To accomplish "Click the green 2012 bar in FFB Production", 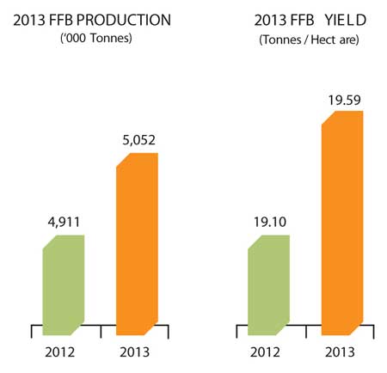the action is coord(64,285).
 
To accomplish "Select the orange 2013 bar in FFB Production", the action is coord(137,244).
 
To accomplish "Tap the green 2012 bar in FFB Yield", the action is coord(269,285).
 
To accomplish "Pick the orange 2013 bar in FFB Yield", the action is coord(342,223).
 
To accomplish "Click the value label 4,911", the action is coord(64,223).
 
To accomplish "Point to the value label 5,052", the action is coord(139,140).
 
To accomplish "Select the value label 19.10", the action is coord(270,222).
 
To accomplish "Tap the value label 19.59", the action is coord(345,101).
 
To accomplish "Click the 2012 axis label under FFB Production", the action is coord(60,352).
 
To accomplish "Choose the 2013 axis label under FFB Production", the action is coord(135,352).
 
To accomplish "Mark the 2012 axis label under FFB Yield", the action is coord(265,352).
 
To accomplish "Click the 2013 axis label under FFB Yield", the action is coord(340,352).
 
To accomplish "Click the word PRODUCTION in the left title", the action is coord(124,20).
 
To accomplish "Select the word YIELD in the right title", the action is coord(346,20).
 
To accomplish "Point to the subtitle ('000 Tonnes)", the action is coord(96,38).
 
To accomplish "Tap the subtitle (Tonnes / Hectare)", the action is coord(309,40).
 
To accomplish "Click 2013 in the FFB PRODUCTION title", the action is coord(29,20).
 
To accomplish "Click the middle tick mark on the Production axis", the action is coord(101,332).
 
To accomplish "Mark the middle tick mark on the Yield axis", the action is coord(306,332).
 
